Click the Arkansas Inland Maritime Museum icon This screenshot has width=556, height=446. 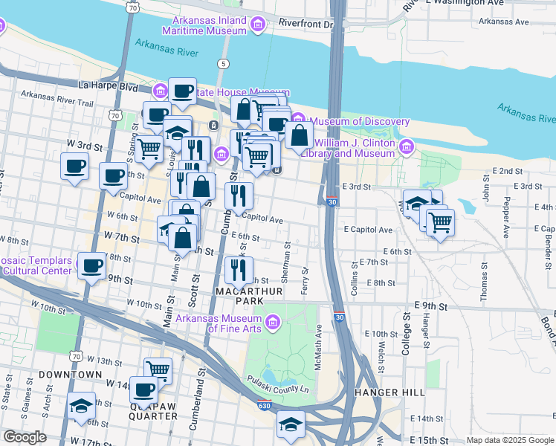tap(258, 25)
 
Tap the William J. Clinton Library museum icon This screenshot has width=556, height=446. tap(406, 147)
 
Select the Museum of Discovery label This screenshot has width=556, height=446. tap(360, 121)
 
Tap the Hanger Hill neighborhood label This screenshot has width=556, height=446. tap(390, 392)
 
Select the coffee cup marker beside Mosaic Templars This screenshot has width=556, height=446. tap(92, 265)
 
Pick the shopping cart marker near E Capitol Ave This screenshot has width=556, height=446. tap(440, 221)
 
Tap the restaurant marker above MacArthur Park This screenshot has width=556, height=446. tap(238, 269)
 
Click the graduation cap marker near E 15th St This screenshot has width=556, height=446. tap(291, 424)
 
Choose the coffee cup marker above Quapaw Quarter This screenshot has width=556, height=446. tap(143, 389)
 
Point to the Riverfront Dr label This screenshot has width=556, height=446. tap(306, 24)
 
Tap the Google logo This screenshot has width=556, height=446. tap(24, 437)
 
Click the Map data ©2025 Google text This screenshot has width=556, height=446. tap(509, 440)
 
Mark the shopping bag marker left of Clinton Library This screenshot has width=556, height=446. tap(299, 135)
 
